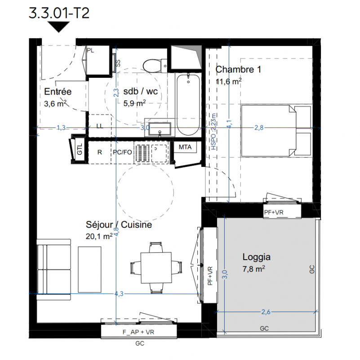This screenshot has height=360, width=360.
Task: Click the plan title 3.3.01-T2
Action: [x=59, y=13]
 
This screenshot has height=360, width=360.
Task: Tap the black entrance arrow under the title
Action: [x=58, y=27]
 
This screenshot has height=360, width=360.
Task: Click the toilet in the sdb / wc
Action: [x=155, y=66]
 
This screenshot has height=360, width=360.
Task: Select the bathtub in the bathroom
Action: [x=188, y=104]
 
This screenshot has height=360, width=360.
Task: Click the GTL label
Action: [x=80, y=149]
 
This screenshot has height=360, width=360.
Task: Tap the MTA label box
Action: [x=185, y=147]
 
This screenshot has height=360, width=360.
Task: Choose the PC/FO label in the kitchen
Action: [x=122, y=152]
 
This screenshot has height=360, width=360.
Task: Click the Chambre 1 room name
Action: [x=238, y=69]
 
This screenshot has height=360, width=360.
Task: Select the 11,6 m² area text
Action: [x=229, y=81]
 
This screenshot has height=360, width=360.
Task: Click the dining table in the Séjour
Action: [x=156, y=268]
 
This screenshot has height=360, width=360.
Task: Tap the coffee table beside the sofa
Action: [x=89, y=270]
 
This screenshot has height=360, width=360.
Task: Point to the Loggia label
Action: [x=257, y=257]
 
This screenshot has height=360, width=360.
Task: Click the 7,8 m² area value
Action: [x=253, y=269]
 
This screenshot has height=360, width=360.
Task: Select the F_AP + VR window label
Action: [x=138, y=332]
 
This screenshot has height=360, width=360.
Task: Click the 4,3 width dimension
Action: [x=119, y=293]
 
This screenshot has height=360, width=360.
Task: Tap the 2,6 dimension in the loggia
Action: [x=266, y=312]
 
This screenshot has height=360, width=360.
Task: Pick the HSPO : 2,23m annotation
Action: [x=213, y=131]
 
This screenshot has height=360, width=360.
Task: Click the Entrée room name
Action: [x=58, y=91]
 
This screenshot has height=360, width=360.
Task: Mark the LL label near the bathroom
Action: [x=100, y=126]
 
